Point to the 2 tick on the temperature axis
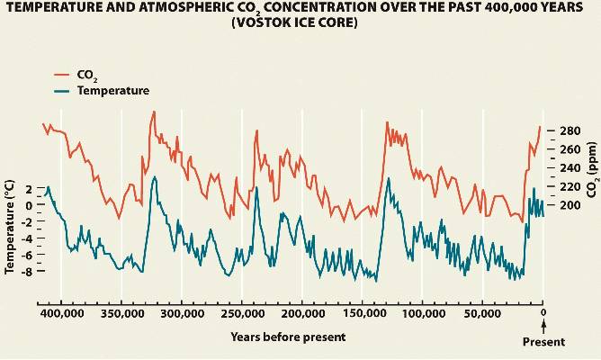coord(29,189)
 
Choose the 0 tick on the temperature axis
coord(29,205)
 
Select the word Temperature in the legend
coord(113,91)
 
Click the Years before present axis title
coord(287,337)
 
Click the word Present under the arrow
coord(543,342)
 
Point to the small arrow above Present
coord(543,328)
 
